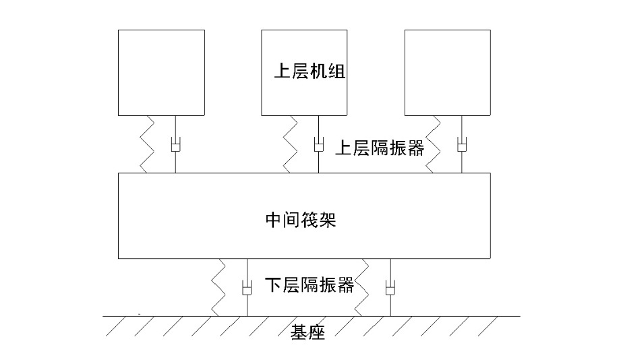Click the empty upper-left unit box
[x=161, y=72]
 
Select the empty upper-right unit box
[x=447, y=72]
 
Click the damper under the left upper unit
[x=175, y=145]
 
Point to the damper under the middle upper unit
[x=318, y=145]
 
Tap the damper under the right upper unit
[x=462, y=145]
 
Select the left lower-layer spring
[x=220, y=287]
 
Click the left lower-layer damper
[x=247, y=289]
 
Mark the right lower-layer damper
[x=389, y=289]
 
